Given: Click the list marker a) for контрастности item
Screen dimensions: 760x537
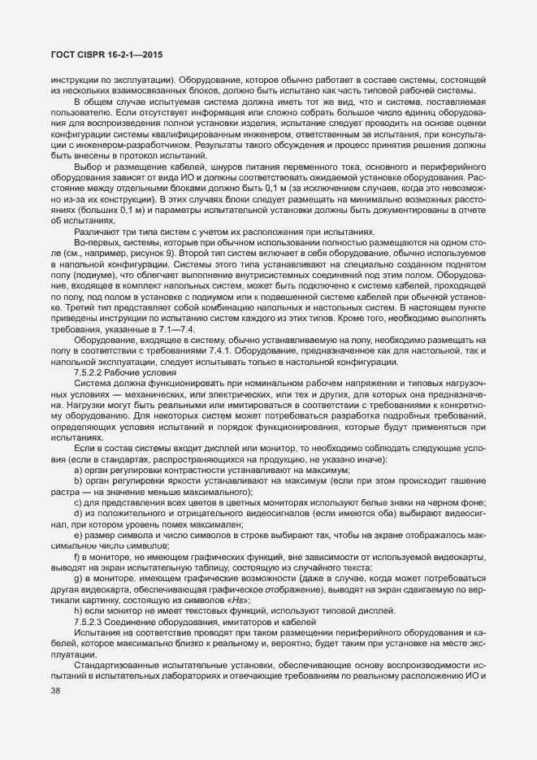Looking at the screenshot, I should [78, 470].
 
